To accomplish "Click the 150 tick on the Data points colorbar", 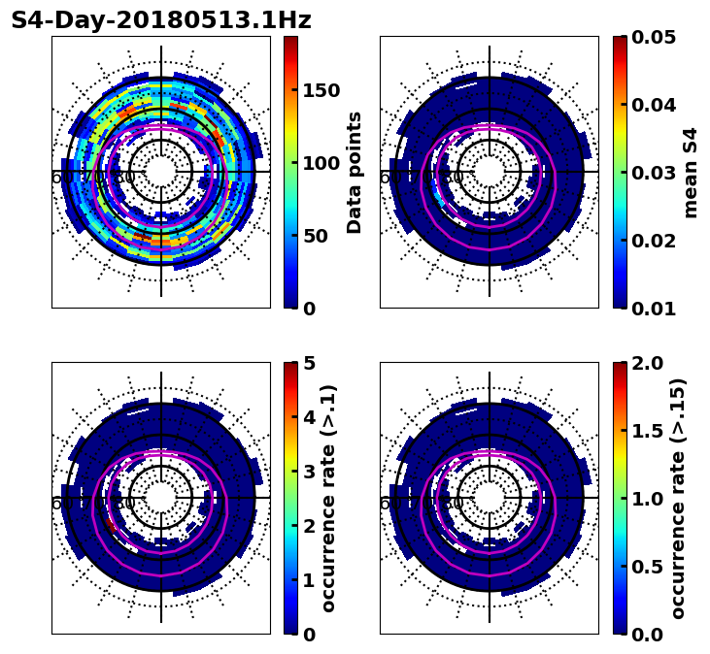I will pyautogui.click(x=321, y=90).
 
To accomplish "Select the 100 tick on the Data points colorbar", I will pyautogui.click(x=321, y=163).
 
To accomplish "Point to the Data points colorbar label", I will pyautogui.click(x=355, y=172).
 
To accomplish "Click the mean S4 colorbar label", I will pyautogui.click(x=691, y=172).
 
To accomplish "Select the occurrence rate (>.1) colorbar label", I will pyautogui.click(x=328, y=498).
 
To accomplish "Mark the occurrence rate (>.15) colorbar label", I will pyautogui.click(x=678, y=498).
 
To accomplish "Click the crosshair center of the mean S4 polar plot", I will pyautogui.click(x=490, y=172).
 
